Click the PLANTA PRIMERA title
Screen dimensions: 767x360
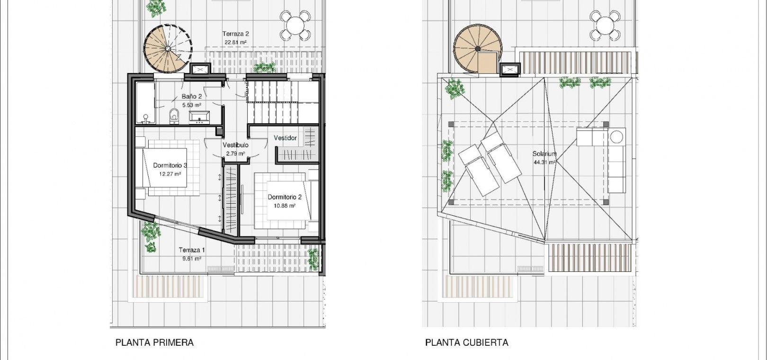[x=154, y=342]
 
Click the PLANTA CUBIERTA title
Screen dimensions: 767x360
[x=467, y=342]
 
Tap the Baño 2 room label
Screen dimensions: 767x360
[x=192, y=97]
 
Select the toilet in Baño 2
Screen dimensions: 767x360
[x=174, y=116]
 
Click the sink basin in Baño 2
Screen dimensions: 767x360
[x=199, y=117]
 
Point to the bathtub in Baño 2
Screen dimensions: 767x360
[x=145, y=103]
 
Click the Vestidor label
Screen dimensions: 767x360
[x=285, y=138]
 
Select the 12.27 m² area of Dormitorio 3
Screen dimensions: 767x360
[x=170, y=174]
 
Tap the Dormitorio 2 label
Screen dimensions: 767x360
[x=285, y=197]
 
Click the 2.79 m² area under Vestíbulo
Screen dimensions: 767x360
[x=236, y=153]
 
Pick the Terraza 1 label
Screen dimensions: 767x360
[x=192, y=250]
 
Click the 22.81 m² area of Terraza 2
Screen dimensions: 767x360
[x=236, y=42]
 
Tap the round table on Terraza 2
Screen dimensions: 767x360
[x=295, y=26]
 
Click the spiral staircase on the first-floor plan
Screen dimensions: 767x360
[x=168, y=49]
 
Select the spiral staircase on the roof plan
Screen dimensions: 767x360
[x=478, y=49]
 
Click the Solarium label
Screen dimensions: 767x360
[x=544, y=154]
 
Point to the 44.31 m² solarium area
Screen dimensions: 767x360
[x=544, y=162]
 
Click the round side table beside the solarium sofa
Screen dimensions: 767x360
[x=616, y=137]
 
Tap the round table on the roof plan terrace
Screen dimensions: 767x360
[x=605, y=26]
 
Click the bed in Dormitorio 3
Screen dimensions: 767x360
[x=168, y=168]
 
